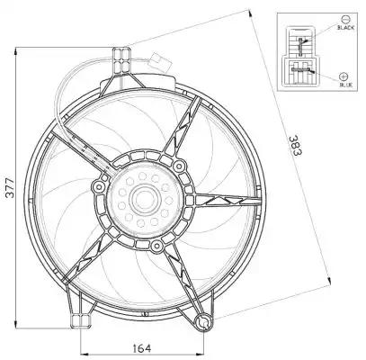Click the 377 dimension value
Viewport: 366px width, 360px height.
pos(10,188)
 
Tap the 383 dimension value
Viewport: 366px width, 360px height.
pos(296,146)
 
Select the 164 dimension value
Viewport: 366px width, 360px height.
pos(142,348)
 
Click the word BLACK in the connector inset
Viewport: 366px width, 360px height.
pos(346,28)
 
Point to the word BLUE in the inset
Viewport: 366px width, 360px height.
pos(346,85)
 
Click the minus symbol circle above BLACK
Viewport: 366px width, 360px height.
pos(345,19)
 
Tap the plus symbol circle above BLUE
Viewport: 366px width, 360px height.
pos(344,76)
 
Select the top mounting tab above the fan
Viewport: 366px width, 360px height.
pos(121,60)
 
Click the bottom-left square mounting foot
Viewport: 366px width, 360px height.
pos(81,320)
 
